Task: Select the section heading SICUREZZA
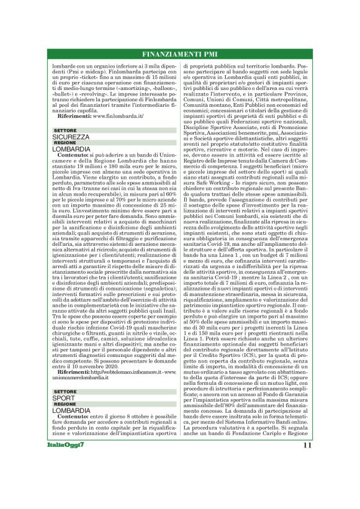(x=71, y=136)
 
